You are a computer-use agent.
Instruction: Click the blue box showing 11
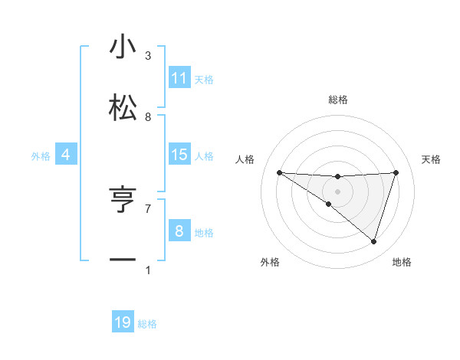tap(179, 78)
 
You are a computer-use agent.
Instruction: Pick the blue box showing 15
tap(179, 155)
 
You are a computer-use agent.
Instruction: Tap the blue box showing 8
tap(179, 231)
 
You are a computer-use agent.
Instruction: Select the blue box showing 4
tap(66, 155)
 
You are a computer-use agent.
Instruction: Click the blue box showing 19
tap(123, 322)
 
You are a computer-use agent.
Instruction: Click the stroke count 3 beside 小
tap(148, 56)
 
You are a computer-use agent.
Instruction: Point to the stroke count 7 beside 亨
tap(148, 208)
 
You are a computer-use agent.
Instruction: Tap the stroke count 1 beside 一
tap(148, 270)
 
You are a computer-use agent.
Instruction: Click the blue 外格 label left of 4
tap(41, 156)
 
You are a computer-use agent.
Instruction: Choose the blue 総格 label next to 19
tap(147, 324)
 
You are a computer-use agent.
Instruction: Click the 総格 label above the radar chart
tap(337, 100)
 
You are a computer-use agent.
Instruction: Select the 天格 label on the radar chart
tap(431, 159)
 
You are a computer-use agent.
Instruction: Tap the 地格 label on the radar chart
tap(402, 262)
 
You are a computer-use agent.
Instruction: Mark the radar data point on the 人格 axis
tap(279, 172)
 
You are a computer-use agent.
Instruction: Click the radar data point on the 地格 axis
tap(373, 241)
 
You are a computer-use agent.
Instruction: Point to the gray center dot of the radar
tap(337, 191)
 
